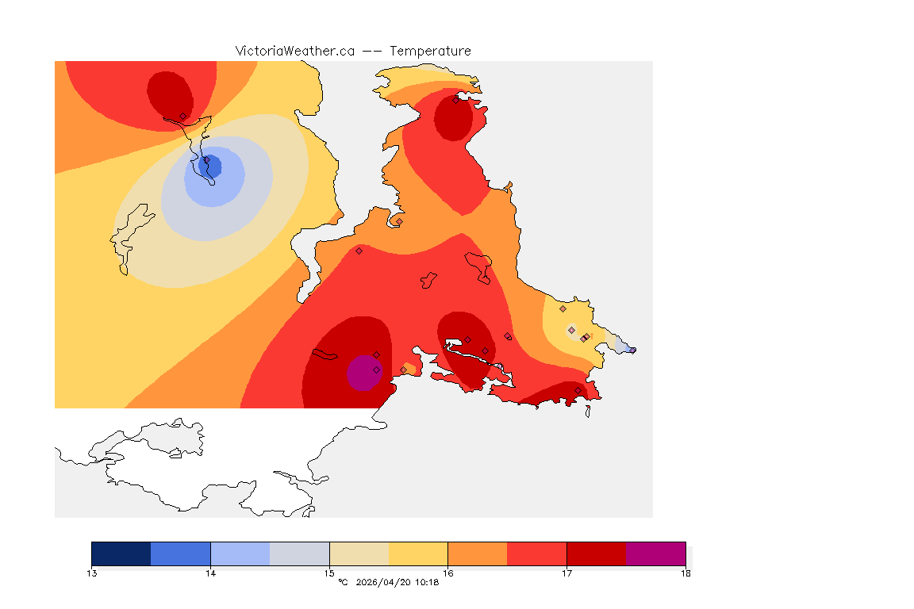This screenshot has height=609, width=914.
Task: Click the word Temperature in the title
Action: (430, 51)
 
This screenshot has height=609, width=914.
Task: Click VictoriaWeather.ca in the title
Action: (294, 51)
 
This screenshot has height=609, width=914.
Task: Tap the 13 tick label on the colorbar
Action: (92, 573)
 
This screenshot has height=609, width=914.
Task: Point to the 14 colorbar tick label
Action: (210, 573)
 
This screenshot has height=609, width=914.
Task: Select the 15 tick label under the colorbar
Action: (329, 573)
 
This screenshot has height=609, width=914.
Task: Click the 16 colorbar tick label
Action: (448, 573)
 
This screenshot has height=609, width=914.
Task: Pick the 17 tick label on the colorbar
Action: (566, 573)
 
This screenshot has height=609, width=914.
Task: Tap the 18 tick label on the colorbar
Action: (685, 573)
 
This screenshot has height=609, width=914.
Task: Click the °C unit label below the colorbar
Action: (343, 583)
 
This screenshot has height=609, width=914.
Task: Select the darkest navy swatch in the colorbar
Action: (121, 553)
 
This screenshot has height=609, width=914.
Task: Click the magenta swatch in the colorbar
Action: (656, 553)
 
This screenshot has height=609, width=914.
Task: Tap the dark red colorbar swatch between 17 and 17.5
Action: (597, 553)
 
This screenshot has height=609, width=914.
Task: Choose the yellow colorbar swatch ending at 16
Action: (418, 553)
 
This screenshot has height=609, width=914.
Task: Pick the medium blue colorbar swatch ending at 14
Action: (181, 553)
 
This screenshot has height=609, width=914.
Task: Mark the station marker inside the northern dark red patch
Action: (456, 100)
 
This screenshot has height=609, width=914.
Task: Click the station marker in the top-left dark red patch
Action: (182, 117)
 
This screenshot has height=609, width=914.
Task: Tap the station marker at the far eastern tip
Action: (632, 350)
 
